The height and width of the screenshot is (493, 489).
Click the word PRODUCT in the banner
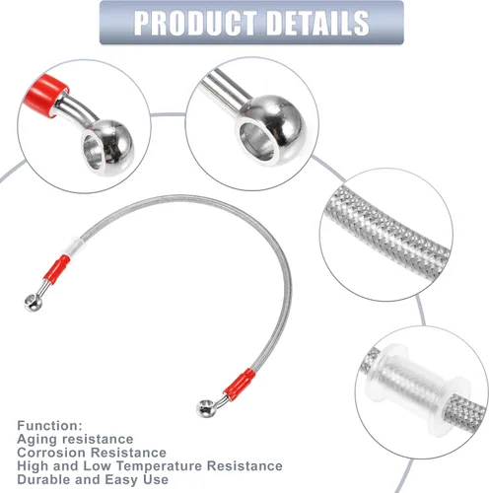pyautogui.click(x=196, y=23)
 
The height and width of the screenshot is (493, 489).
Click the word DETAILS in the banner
pyautogui.click(x=318, y=23)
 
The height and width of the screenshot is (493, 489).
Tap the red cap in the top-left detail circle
pyautogui.click(x=45, y=94)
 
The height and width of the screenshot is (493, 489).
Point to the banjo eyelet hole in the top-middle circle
pyautogui.click(x=257, y=141)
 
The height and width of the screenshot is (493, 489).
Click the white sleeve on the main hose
pyautogui.click(x=75, y=246)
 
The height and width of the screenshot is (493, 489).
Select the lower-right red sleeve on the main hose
pyautogui.click(x=239, y=384)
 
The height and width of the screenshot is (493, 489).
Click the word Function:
pyautogui.click(x=49, y=426)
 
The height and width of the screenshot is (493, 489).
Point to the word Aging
pyautogui.click(x=36, y=440)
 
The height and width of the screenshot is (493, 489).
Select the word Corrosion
pyautogui.click(x=51, y=453)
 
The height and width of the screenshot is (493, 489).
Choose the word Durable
pyautogui.click(x=44, y=479)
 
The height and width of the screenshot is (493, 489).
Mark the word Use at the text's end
pyautogui.click(x=156, y=479)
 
